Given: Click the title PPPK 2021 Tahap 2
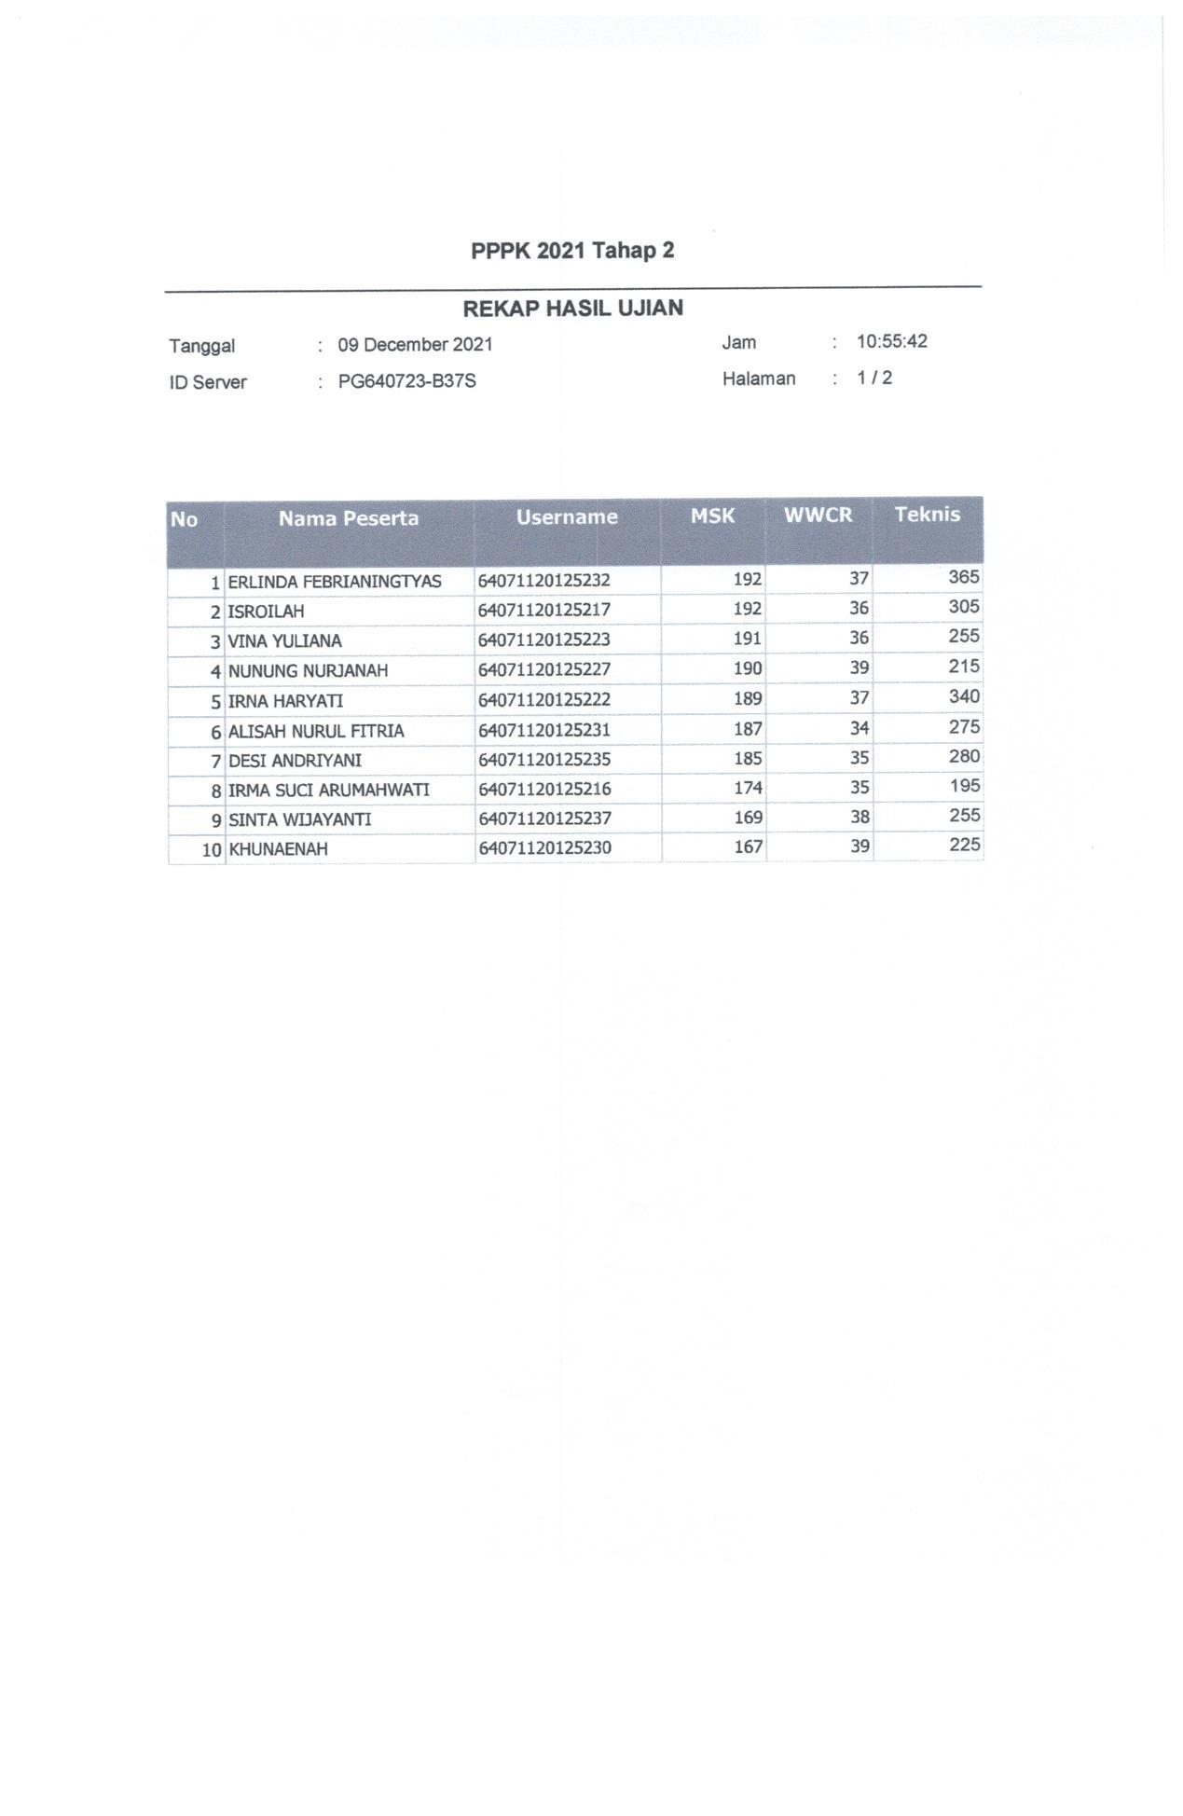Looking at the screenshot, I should point(572,251).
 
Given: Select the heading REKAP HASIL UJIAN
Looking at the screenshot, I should point(572,309).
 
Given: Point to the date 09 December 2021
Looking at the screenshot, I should point(415,345).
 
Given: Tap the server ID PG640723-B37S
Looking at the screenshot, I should point(406,381).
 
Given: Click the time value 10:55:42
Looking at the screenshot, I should point(891,341).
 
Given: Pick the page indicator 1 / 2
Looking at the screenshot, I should point(874,378).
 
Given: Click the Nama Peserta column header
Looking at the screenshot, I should point(348,518).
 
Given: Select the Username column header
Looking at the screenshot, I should point(567,516).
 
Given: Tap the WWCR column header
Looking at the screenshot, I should point(818,516).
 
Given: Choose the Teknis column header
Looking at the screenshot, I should point(927,514).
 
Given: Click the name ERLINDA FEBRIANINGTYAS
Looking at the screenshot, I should point(335,582).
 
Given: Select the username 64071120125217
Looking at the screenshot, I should point(544,610).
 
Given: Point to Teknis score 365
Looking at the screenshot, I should point(963,577).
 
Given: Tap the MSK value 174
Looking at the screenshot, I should point(748,788).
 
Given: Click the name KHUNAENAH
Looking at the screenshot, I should point(278,849).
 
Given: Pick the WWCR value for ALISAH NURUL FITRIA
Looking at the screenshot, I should point(859,728).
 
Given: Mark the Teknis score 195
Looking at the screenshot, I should point(964,786).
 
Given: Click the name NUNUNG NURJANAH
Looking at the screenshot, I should point(308,670).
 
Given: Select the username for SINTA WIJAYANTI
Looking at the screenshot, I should point(544,818).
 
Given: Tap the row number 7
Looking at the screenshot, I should point(215,761).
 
